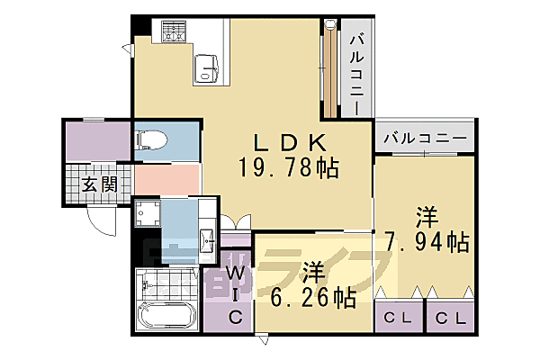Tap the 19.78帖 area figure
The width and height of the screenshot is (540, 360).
pyautogui.click(x=288, y=167)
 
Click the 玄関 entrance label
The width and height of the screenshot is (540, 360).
pyautogui.click(x=100, y=185)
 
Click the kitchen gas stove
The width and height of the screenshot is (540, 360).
pyautogui.click(x=173, y=32)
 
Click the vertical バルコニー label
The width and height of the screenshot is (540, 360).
pyautogui.click(x=356, y=72)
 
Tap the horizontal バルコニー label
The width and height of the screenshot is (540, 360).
pyautogui.click(x=425, y=139)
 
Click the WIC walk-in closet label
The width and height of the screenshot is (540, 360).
pyautogui.click(x=234, y=295)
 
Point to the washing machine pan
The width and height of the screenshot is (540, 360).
pyautogui.click(x=149, y=216)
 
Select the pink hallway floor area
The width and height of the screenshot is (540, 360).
pyautogui.click(x=166, y=178)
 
